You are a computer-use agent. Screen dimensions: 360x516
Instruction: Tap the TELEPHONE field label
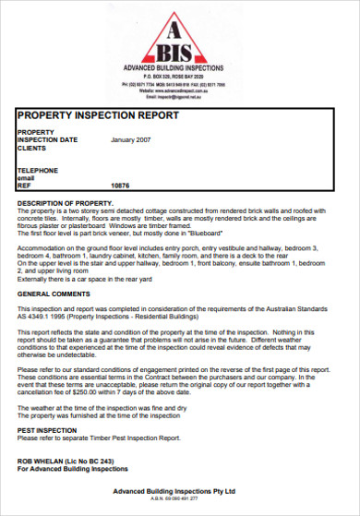(x=38, y=171)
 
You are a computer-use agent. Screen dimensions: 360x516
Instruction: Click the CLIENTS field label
(x=32, y=148)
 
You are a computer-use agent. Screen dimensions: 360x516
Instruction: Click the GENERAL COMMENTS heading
(x=54, y=293)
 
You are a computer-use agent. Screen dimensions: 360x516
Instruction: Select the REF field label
(x=25, y=186)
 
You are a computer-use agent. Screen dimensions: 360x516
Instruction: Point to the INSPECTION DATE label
(x=47, y=140)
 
